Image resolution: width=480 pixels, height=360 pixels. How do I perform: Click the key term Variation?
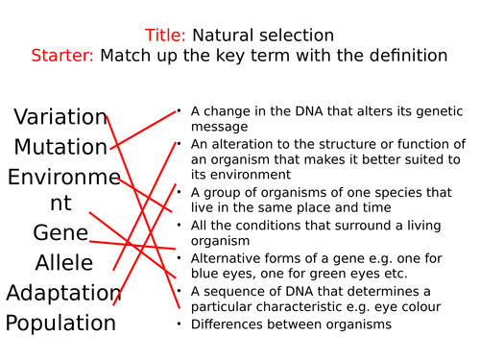click(x=60, y=117)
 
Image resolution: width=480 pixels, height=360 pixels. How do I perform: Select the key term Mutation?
click(x=60, y=147)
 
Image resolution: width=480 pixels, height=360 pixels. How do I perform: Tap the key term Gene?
click(x=60, y=233)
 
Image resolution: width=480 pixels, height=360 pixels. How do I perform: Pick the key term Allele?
click(x=64, y=263)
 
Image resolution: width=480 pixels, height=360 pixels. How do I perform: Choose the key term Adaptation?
click(x=64, y=293)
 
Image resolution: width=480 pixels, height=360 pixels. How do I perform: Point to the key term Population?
click(x=60, y=323)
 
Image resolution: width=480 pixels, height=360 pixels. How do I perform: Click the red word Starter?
click(x=62, y=56)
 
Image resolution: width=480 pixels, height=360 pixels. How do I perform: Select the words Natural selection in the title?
click(x=256, y=36)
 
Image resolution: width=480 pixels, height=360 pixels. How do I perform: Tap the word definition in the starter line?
click(x=401, y=56)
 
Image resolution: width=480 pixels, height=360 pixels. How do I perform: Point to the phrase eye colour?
click(x=407, y=307)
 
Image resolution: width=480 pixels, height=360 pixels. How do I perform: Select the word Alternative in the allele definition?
click(x=226, y=258)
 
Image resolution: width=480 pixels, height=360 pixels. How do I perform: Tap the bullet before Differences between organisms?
click(x=179, y=324)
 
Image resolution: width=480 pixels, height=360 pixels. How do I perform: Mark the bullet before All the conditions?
click(x=179, y=226)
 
